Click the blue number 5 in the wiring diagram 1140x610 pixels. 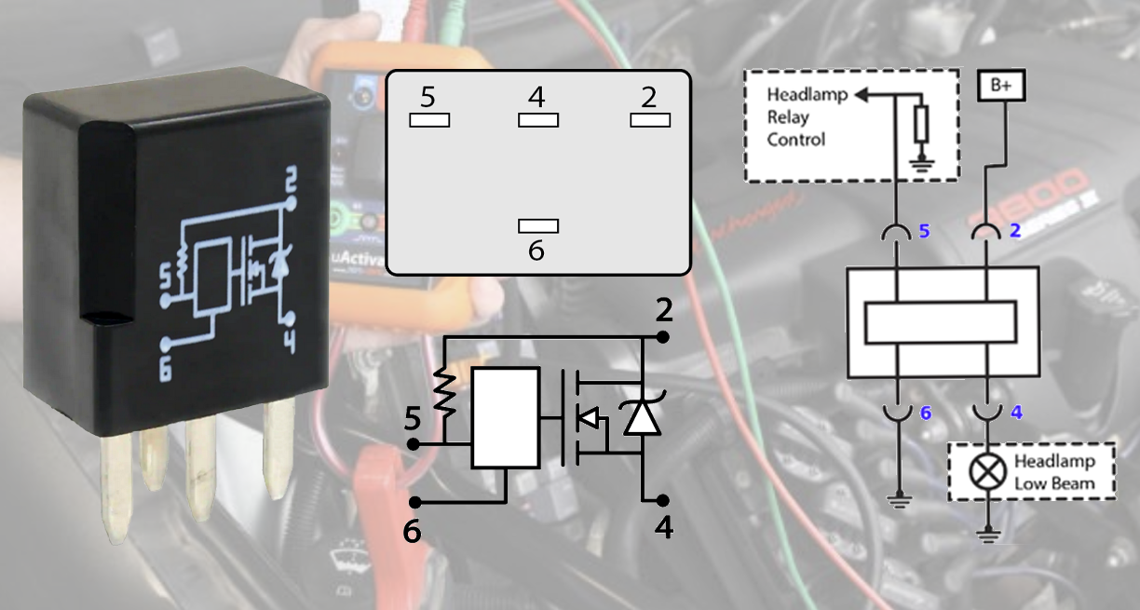coord(925,230)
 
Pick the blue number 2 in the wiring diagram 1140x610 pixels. coord(1016,230)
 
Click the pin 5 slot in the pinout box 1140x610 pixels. coord(428,120)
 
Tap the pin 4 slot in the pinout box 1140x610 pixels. coord(537,120)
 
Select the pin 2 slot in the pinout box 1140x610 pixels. coord(650,120)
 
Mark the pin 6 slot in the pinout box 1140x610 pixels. coord(537,225)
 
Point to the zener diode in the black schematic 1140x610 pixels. coord(643,416)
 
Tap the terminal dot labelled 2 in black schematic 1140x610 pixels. coord(662,336)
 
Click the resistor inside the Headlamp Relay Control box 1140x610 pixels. coord(922,124)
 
